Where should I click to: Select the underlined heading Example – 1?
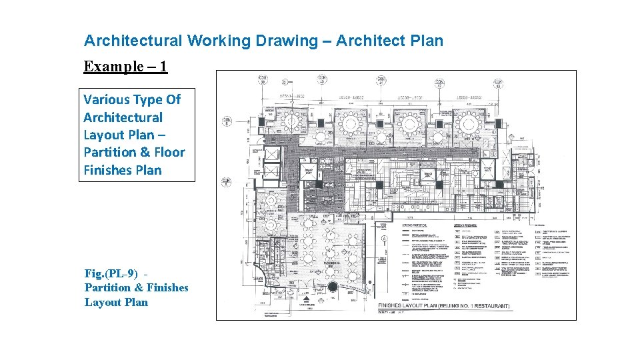tap(125, 66)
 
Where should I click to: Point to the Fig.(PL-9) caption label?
tap(111, 273)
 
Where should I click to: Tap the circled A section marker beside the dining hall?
tap(385, 238)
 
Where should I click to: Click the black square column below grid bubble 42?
tap(440, 123)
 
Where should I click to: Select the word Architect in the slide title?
tap(369, 41)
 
